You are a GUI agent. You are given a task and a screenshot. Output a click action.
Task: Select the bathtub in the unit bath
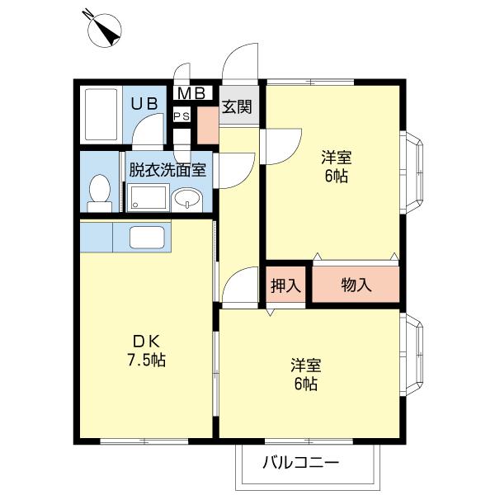point(102,114)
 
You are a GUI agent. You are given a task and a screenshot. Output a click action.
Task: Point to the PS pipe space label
point(181,116)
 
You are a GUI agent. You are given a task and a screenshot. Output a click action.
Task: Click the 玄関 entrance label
point(238,107)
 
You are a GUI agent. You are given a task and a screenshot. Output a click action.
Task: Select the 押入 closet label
point(285,286)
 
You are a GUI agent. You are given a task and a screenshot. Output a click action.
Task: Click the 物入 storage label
point(356,286)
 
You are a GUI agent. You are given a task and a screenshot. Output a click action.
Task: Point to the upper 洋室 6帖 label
point(335,166)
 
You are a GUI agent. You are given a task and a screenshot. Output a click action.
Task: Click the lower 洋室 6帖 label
point(304,374)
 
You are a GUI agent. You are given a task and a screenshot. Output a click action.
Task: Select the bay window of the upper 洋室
point(414,172)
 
